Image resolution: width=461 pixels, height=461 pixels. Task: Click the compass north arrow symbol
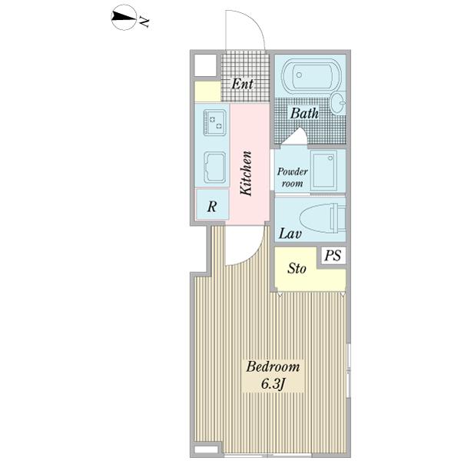tap(124, 17)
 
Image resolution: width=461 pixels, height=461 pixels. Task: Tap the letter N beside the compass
tap(144, 22)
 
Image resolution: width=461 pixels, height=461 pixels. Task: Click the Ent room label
tap(242, 84)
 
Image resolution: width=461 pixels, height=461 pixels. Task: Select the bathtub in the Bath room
tap(312, 75)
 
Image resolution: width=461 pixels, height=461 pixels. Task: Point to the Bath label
tap(304, 114)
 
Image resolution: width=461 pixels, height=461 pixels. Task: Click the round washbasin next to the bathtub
tap(338, 103)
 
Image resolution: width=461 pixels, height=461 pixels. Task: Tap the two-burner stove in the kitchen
tap(214, 122)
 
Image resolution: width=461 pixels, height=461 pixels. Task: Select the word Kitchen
tap(246, 173)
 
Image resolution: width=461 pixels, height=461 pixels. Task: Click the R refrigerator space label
tap(212, 207)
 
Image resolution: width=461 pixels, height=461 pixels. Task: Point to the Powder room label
tap(292, 177)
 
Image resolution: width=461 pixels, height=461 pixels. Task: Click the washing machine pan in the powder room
tap(323, 171)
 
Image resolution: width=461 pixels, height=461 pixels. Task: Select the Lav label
tap(290, 234)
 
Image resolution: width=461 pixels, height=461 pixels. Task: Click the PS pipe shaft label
tap(333, 255)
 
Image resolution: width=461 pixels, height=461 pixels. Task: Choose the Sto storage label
tap(297, 268)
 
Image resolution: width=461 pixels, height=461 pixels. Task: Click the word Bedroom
tap(273, 367)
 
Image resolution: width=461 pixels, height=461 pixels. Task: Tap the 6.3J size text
tap(274, 384)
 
